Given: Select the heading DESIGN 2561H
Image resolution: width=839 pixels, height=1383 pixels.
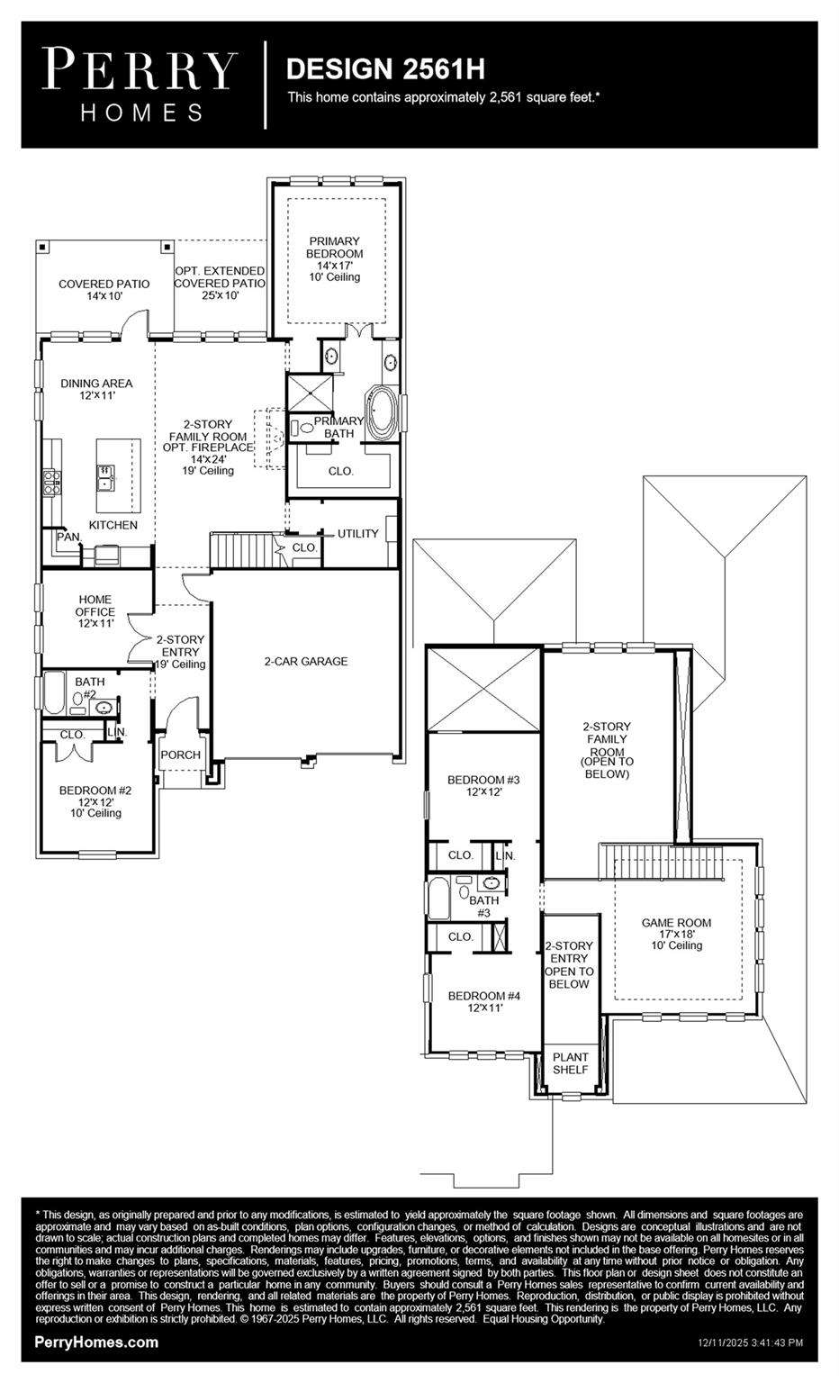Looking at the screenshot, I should click(385, 68).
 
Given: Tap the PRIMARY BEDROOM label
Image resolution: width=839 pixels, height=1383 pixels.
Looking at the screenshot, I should click(335, 248).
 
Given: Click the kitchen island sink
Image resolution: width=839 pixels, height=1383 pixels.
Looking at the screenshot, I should click(105, 475).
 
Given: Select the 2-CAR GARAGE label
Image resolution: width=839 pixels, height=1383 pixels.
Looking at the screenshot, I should click(305, 661).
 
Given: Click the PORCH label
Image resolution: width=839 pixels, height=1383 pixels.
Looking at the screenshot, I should click(180, 755).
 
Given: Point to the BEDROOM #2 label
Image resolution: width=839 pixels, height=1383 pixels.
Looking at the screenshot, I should click(95, 791).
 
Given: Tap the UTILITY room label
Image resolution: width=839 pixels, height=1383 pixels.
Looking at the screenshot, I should click(357, 534).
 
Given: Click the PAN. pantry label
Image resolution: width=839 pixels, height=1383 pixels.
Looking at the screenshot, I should click(68, 537).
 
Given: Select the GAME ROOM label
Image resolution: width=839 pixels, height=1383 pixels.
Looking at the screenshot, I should click(676, 923).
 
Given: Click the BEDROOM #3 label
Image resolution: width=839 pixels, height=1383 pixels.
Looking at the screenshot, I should click(483, 780).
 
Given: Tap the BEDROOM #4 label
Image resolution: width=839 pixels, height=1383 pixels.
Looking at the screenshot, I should click(484, 996).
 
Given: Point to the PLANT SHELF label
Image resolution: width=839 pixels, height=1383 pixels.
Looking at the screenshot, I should click(571, 1063).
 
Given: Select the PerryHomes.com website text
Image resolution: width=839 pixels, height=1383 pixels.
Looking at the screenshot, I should click(96, 1342).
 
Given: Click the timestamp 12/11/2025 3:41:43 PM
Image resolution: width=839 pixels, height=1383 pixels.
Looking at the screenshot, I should click(750, 1342).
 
